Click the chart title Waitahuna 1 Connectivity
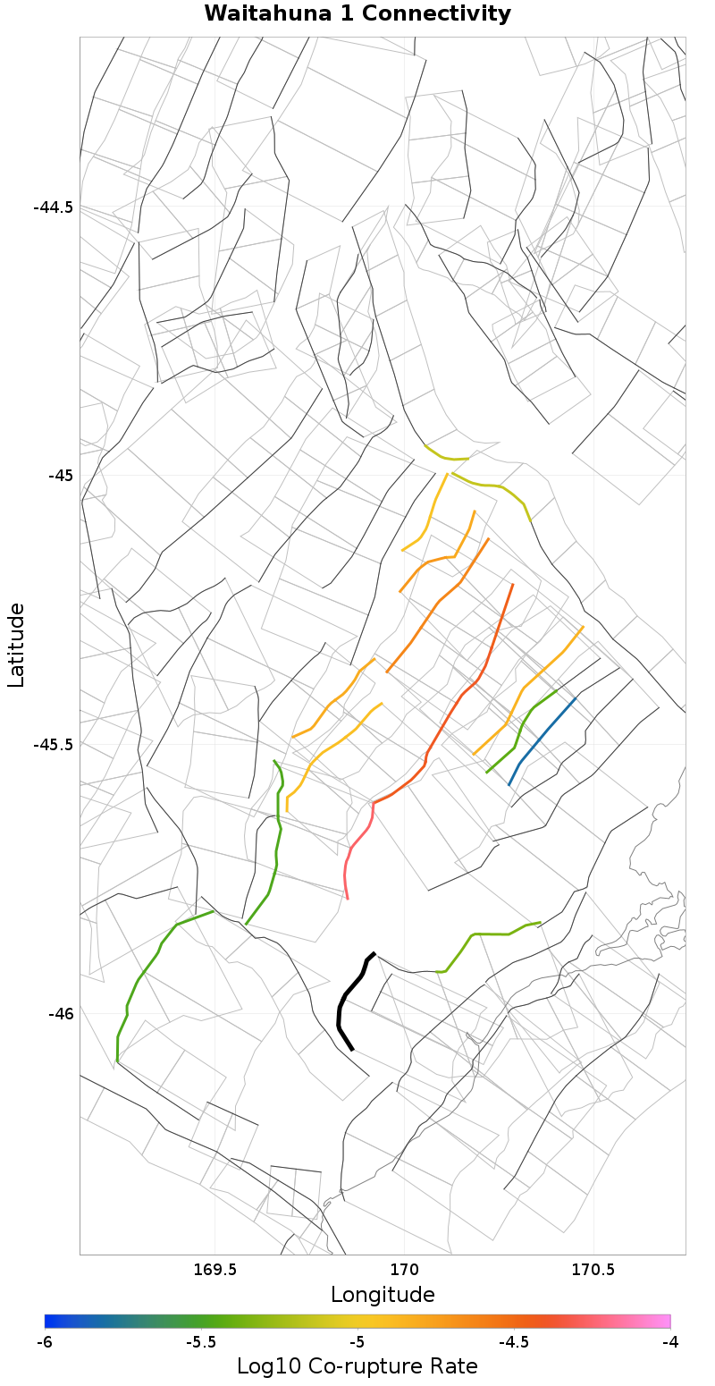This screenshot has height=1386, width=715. [x=357, y=14]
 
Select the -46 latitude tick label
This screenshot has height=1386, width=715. [x=60, y=1014]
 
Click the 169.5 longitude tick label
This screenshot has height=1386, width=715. [x=214, y=1270]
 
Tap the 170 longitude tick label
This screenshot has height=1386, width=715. [x=404, y=1270]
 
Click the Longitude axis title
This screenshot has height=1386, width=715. [x=383, y=1295]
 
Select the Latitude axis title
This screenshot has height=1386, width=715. [x=16, y=645]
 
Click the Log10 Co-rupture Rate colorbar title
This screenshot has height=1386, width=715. [x=357, y=1366]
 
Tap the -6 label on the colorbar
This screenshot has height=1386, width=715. [x=45, y=1342]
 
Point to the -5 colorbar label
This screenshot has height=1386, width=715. [x=357, y=1342]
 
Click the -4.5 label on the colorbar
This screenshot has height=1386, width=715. [x=513, y=1342]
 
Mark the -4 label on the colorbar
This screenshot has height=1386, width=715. [x=669, y=1342]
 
